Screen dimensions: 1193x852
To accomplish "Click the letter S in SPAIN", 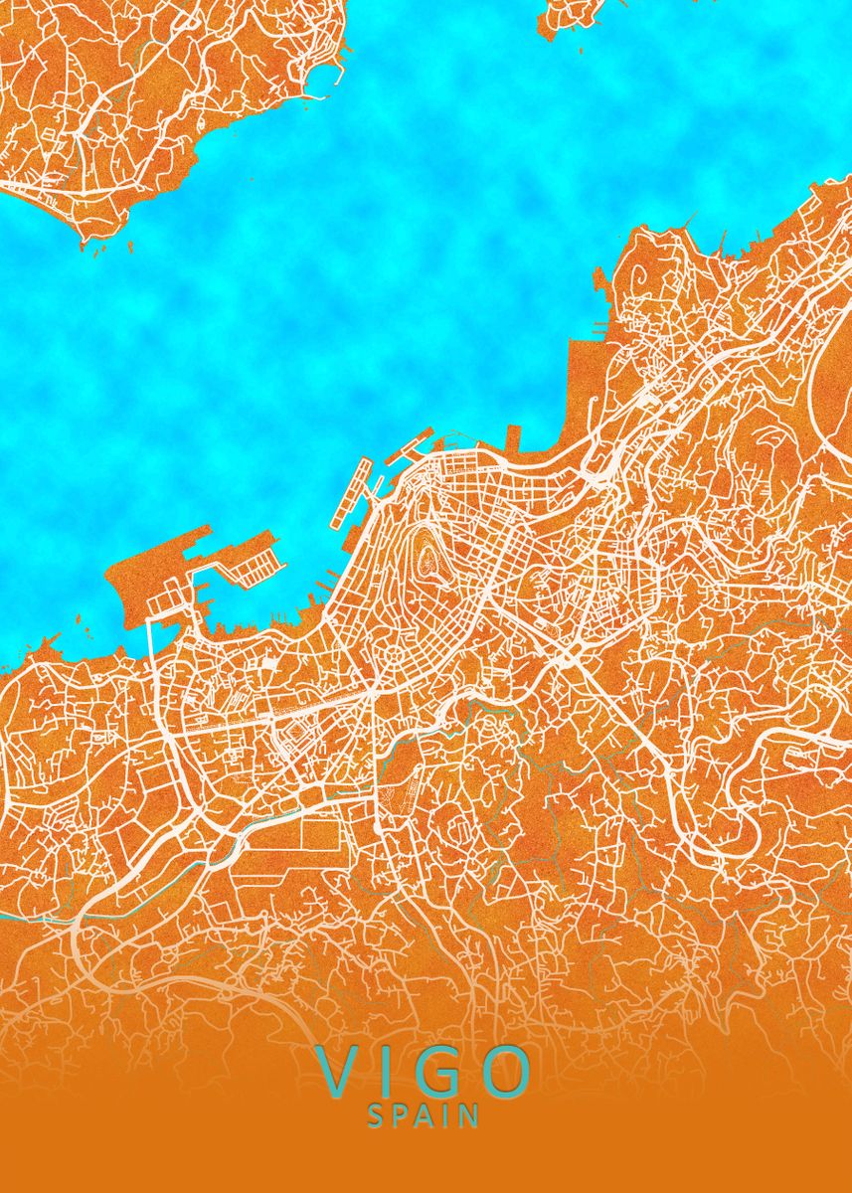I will (x=376, y=1115).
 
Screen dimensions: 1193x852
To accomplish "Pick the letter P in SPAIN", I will (x=400, y=1115).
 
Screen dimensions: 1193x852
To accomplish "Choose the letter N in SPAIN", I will (x=468, y=1115).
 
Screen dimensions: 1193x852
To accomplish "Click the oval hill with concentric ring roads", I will (x=430, y=558).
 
